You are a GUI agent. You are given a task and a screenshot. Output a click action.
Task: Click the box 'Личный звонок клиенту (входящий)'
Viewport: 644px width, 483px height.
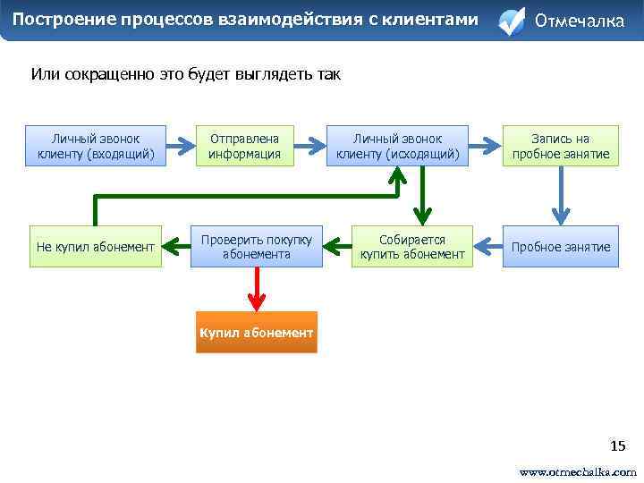[x=97, y=147]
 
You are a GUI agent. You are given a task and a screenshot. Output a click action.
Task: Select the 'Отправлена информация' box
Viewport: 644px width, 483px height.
[x=244, y=147]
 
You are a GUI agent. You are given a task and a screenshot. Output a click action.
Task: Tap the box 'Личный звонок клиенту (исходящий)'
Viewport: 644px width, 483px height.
[x=397, y=147]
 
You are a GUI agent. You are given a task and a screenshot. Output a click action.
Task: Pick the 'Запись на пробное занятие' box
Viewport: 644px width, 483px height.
[x=560, y=147]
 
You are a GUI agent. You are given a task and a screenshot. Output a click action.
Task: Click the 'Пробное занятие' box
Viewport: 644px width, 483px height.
[x=560, y=247]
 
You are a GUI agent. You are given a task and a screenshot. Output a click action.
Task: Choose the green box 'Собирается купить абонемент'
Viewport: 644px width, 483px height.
[x=412, y=247]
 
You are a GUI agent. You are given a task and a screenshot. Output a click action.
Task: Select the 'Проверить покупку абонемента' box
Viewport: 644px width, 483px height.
[x=256, y=247]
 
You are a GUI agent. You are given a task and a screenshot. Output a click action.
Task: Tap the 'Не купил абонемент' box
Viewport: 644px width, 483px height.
[x=96, y=247]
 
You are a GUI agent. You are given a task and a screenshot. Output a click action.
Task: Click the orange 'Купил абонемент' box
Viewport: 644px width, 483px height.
[x=257, y=333]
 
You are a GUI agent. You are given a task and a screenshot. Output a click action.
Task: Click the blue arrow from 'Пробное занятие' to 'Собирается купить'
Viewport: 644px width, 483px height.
[x=488, y=242]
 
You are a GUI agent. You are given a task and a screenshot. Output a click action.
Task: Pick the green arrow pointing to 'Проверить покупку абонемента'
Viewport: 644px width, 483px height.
[x=337, y=242]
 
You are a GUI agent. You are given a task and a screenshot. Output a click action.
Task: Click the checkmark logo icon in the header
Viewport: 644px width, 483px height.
[x=511, y=21]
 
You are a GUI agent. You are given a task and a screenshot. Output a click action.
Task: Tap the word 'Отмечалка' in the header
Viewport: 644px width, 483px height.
[x=579, y=21]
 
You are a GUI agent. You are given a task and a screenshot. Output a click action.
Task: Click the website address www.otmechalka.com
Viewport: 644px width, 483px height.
[x=578, y=471]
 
